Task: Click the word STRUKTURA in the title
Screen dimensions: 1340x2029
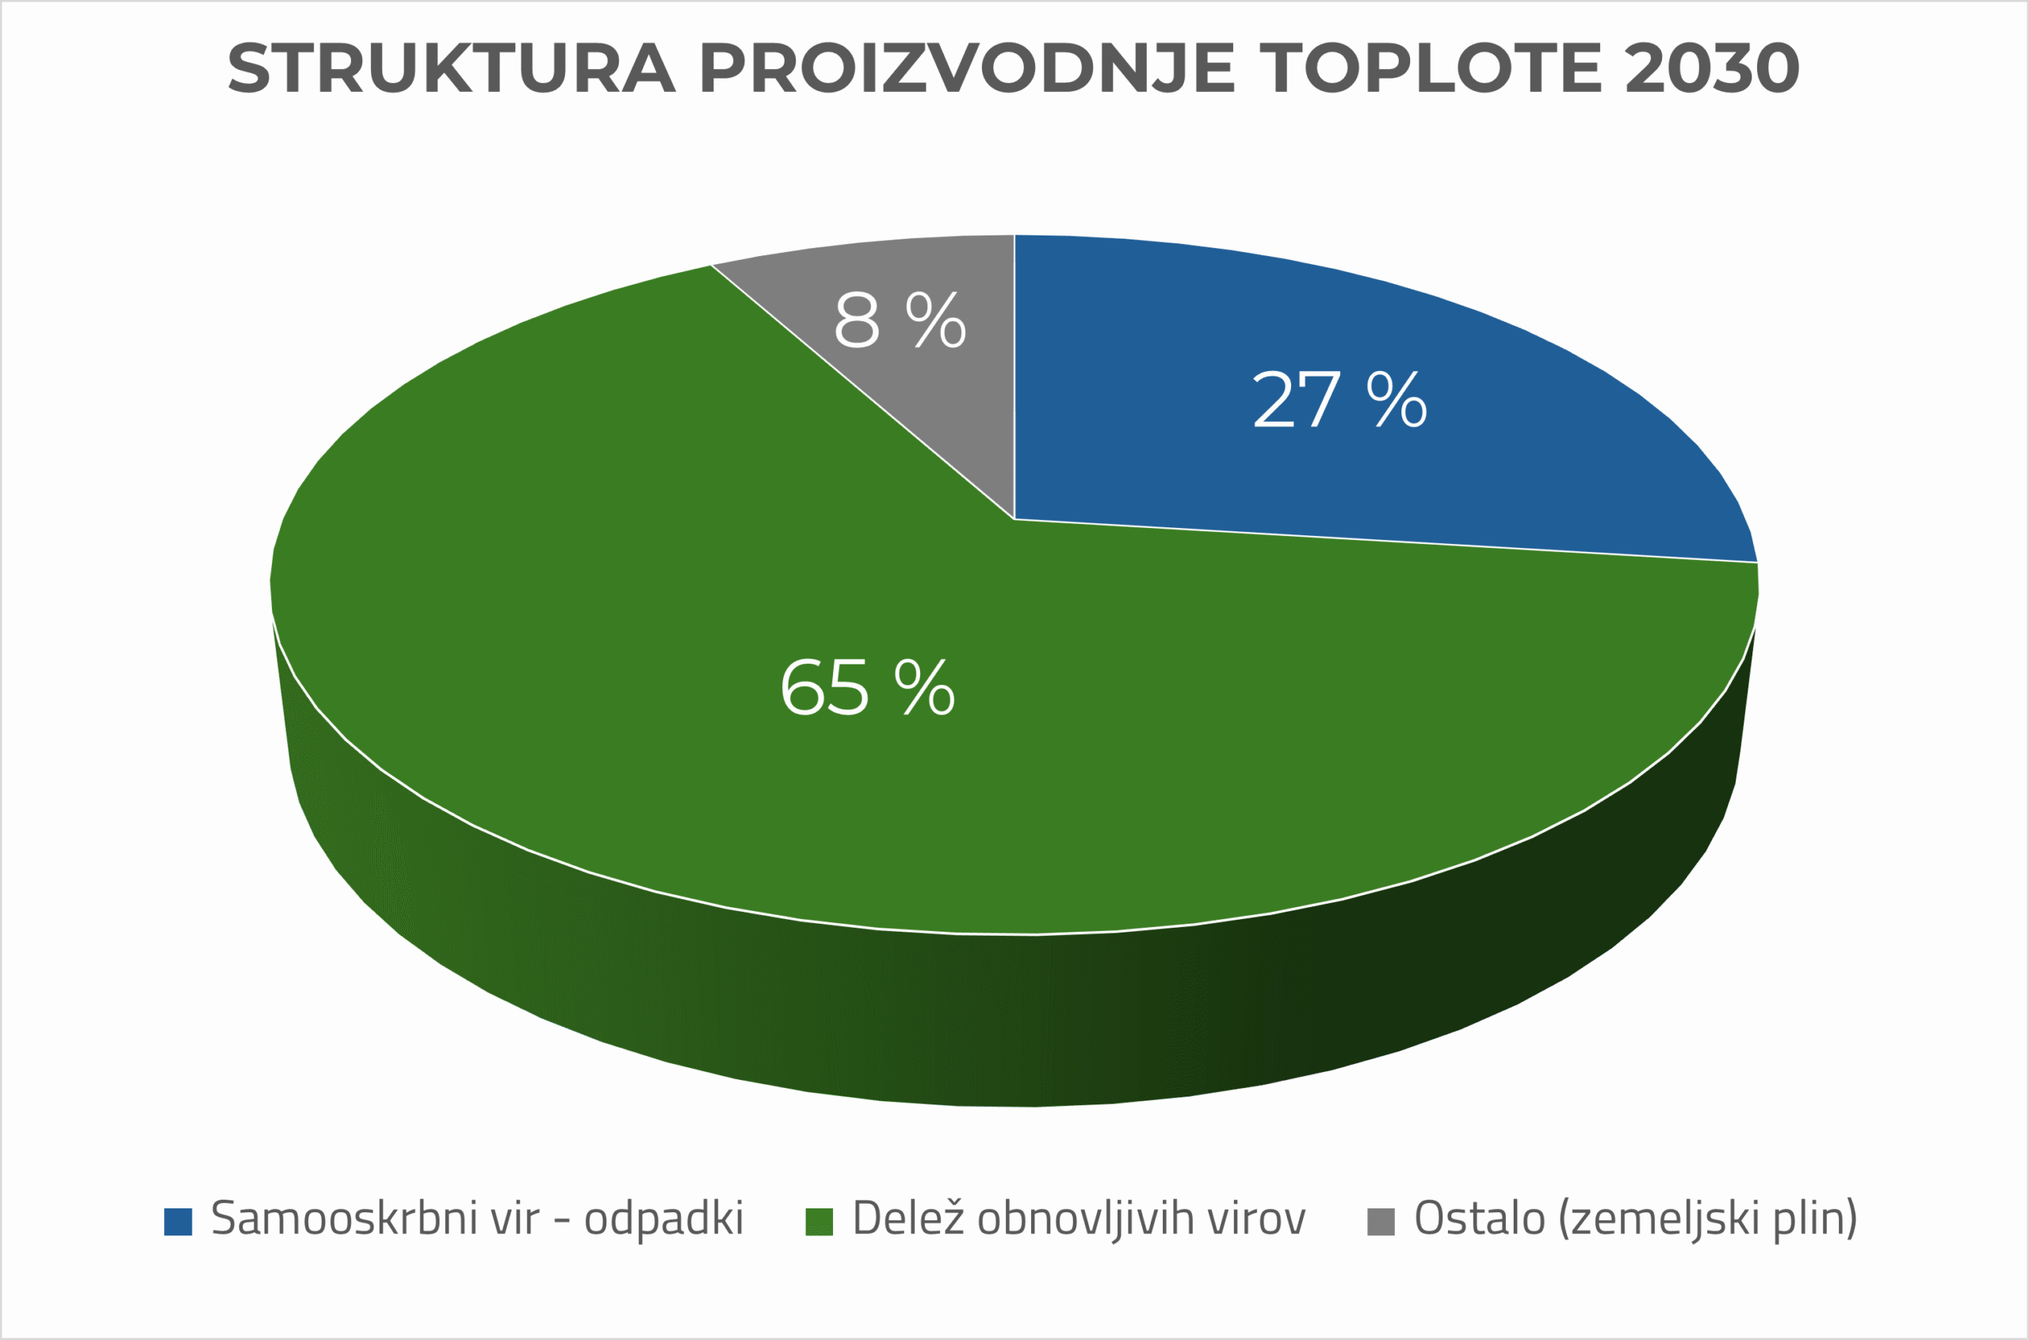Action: pos(452,68)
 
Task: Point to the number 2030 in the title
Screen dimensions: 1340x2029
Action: pos(1712,68)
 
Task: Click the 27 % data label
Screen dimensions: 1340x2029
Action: pos(1339,400)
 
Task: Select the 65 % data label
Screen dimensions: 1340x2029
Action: pos(867,687)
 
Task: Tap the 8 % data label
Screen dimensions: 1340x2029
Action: pos(900,320)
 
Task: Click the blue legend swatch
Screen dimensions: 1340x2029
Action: pos(178,1222)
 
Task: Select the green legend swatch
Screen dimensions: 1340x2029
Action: pos(820,1222)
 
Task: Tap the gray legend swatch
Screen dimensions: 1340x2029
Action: pos(1381,1222)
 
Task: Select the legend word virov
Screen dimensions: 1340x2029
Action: pos(1256,1219)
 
